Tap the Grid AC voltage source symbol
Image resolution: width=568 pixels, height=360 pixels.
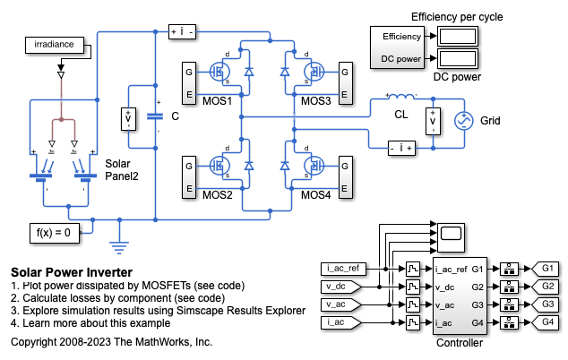point(465,120)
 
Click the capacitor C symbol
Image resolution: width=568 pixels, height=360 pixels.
point(155,116)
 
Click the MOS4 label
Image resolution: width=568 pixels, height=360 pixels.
point(315,194)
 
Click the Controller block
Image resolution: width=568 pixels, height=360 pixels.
point(459,296)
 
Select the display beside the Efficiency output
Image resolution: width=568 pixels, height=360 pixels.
point(455,36)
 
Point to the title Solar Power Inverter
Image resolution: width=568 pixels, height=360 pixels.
point(72,271)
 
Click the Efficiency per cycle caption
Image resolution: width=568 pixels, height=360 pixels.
point(469,16)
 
